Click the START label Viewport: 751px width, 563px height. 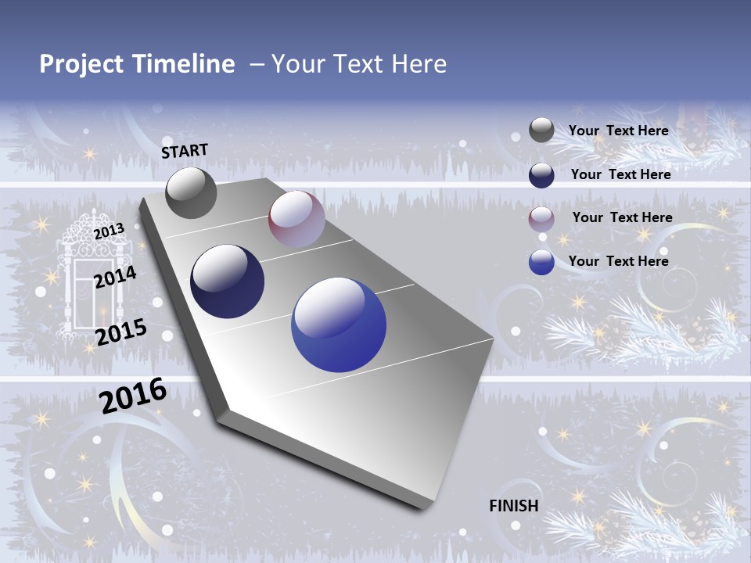click(x=185, y=151)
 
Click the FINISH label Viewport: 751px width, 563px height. click(x=513, y=506)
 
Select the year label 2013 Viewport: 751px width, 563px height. click(x=109, y=231)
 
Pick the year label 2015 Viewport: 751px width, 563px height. click(x=120, y=332)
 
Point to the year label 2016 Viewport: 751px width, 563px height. click(x=133, y=396)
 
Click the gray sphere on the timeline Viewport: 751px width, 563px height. click(x=191, y=193)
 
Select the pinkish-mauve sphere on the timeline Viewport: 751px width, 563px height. click(x=296, y=220)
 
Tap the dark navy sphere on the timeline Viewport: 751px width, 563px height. click(x=228, y=281)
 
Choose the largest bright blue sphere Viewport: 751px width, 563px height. click(x=339, y=325)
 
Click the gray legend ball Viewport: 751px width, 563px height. click(x=541, y=130)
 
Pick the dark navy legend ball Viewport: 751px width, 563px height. click(x=541, y=175)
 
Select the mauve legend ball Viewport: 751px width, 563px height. click(x=541, y=219)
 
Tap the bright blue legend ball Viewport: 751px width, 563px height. click(x=541, y=262)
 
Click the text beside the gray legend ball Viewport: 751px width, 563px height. click(x=618, y=131)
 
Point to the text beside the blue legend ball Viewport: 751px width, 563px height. click(x=618, y=261)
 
